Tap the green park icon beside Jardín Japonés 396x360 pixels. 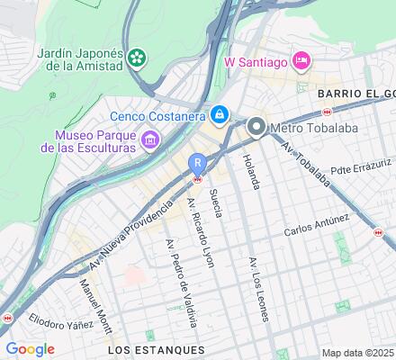coord(137,58)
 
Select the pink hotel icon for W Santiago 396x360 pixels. coord(302,60)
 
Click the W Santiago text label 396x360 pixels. coord(255,61)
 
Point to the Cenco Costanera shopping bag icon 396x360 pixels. coord(220,115)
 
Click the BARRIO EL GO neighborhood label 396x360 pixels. coord(355,93)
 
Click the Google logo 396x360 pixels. coord(31,348)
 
